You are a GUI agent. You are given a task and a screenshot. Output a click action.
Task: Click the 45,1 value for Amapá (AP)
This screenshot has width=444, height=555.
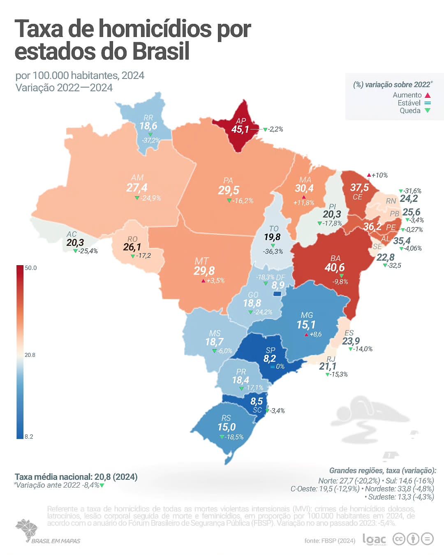pyautogui.click(x=240, y=129)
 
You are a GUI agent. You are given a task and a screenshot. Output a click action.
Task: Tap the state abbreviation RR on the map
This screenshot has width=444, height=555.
pyautogui.click(x=148, y=118)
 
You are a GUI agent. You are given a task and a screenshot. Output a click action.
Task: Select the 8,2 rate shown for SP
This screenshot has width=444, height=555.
pyautogui.click(x=270, y=358)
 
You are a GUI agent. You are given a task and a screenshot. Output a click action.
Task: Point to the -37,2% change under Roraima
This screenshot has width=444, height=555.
pyautogui.click(x=151, y=140)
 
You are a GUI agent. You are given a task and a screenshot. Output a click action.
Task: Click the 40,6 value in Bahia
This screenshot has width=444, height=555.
pyautogui.click(x=335, y=268)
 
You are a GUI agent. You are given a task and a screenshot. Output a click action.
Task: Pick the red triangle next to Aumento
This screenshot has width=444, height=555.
pyautogui.click(x=428, y=95)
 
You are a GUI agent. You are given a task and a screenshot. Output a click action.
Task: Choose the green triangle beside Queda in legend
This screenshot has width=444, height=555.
pyautogui.click(x=428, y=111)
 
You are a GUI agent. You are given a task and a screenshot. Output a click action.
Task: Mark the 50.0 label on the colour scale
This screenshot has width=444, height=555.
pyautogui.click(x=31, y=268)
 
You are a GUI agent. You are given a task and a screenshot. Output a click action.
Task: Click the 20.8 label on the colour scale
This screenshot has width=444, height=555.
pyautogui.click(x=30, y=355)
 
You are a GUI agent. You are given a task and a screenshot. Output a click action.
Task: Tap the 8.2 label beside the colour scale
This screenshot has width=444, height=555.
pyautogui.click(x=29, y=437)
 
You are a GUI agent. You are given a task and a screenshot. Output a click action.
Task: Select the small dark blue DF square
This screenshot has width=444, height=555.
pyautogui.click(x=277, y=294)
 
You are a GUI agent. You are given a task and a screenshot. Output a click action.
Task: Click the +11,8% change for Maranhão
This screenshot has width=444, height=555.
pyautogui.click(x=304, y=203)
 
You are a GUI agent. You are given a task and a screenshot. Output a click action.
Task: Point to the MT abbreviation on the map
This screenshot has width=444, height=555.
pyautogui.click(x=201, y=261)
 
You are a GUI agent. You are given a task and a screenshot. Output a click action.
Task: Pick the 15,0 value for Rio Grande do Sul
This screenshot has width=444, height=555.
pyautogui.click(x=227, y=427)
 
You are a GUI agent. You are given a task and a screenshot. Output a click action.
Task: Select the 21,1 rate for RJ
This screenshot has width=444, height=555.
pyautogui.click(x=328, y=366)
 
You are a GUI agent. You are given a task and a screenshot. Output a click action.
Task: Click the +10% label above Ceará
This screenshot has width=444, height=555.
pyautogui.click(x=379, y=175)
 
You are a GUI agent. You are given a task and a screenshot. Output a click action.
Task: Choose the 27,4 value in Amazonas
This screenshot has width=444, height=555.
pyautogui.click(x=137, y=188)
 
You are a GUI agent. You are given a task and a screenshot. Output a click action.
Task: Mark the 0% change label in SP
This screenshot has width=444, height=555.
pyautogui.click(x=280, y=366)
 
